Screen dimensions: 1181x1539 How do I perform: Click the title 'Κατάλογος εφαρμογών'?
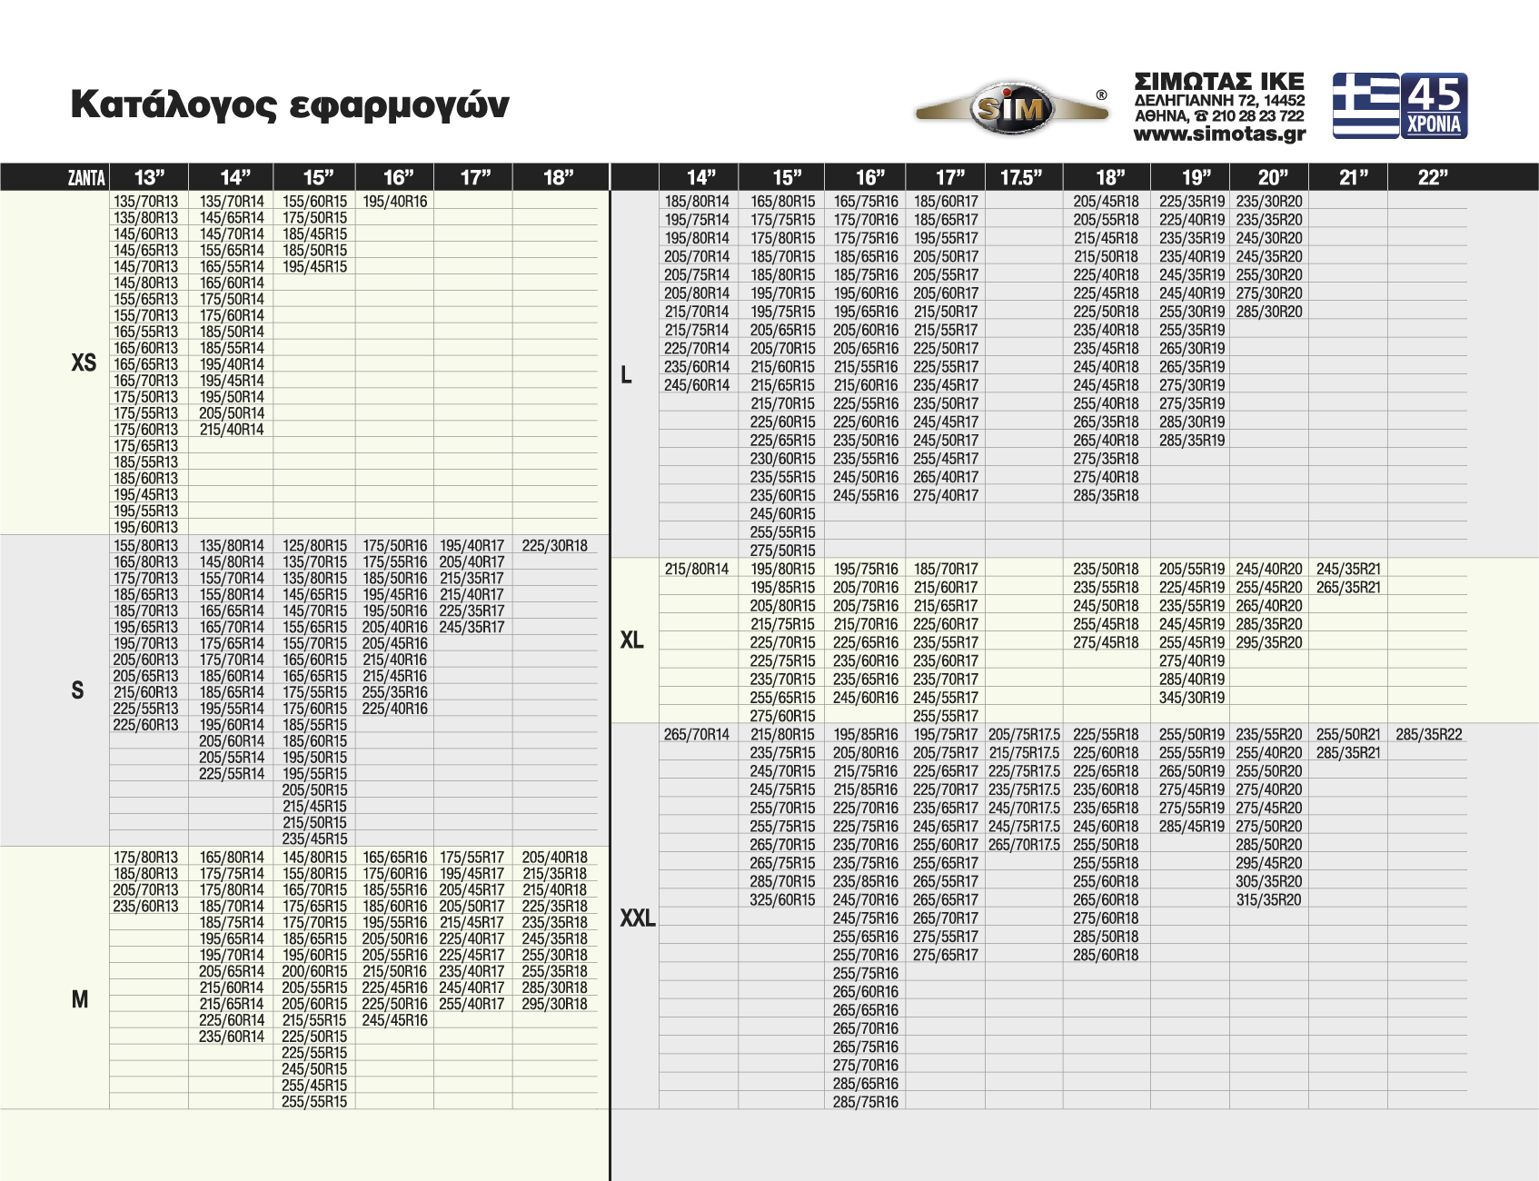[x=290, y=105]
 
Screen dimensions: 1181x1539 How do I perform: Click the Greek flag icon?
[x=1365, y=105]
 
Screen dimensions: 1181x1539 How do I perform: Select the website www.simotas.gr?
[x=1219, y=134]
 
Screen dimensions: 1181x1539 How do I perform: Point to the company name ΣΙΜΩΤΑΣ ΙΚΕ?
[x=1219, y=82]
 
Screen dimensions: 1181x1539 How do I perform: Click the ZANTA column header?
[x=86, y=177]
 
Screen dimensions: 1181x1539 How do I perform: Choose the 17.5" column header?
[x=1021, y=177]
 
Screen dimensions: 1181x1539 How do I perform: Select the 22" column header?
[x=1432, y=177]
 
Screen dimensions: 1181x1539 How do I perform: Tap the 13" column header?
[x=149, y=177]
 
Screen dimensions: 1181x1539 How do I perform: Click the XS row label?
[x=84, y=363]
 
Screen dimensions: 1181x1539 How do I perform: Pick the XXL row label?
[x=637, y=918]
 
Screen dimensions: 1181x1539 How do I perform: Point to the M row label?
[x=80, y=999]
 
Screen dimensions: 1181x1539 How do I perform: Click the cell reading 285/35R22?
[x=1429, y=734]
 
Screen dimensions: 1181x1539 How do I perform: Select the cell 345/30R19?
[x=1192, y=698]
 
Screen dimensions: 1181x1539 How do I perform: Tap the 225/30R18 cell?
[x=554, y=546]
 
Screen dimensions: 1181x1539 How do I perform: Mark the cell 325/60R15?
[x=782, y=899]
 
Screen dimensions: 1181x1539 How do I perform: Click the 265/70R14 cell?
[x=696, y=734]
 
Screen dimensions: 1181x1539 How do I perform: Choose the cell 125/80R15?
[x=314, y=546]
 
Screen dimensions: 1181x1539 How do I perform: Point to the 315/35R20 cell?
[x=1268, y=899]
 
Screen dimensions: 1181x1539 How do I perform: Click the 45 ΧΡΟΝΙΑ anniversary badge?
[x=1434, y=105]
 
